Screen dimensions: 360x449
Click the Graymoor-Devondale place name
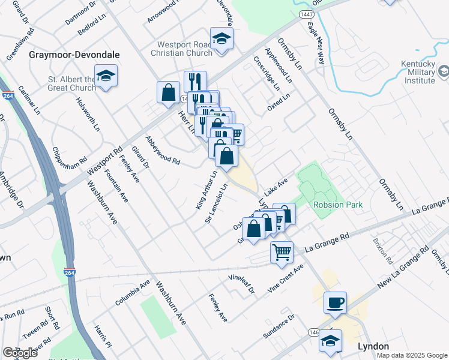(x=74, y=55)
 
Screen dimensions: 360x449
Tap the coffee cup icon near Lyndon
(x=335, y=302)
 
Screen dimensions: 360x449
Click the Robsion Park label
(x=338, y=205)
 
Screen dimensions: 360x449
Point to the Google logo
(x=20, y=353)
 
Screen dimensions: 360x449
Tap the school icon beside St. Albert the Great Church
(x=106, y=76)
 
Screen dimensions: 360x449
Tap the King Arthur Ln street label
(x=206, y=190)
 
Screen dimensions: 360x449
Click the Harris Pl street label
(x=103, y=338)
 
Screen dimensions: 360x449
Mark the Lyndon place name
(x=373, y=346)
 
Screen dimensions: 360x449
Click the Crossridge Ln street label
(x=267, y=73)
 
